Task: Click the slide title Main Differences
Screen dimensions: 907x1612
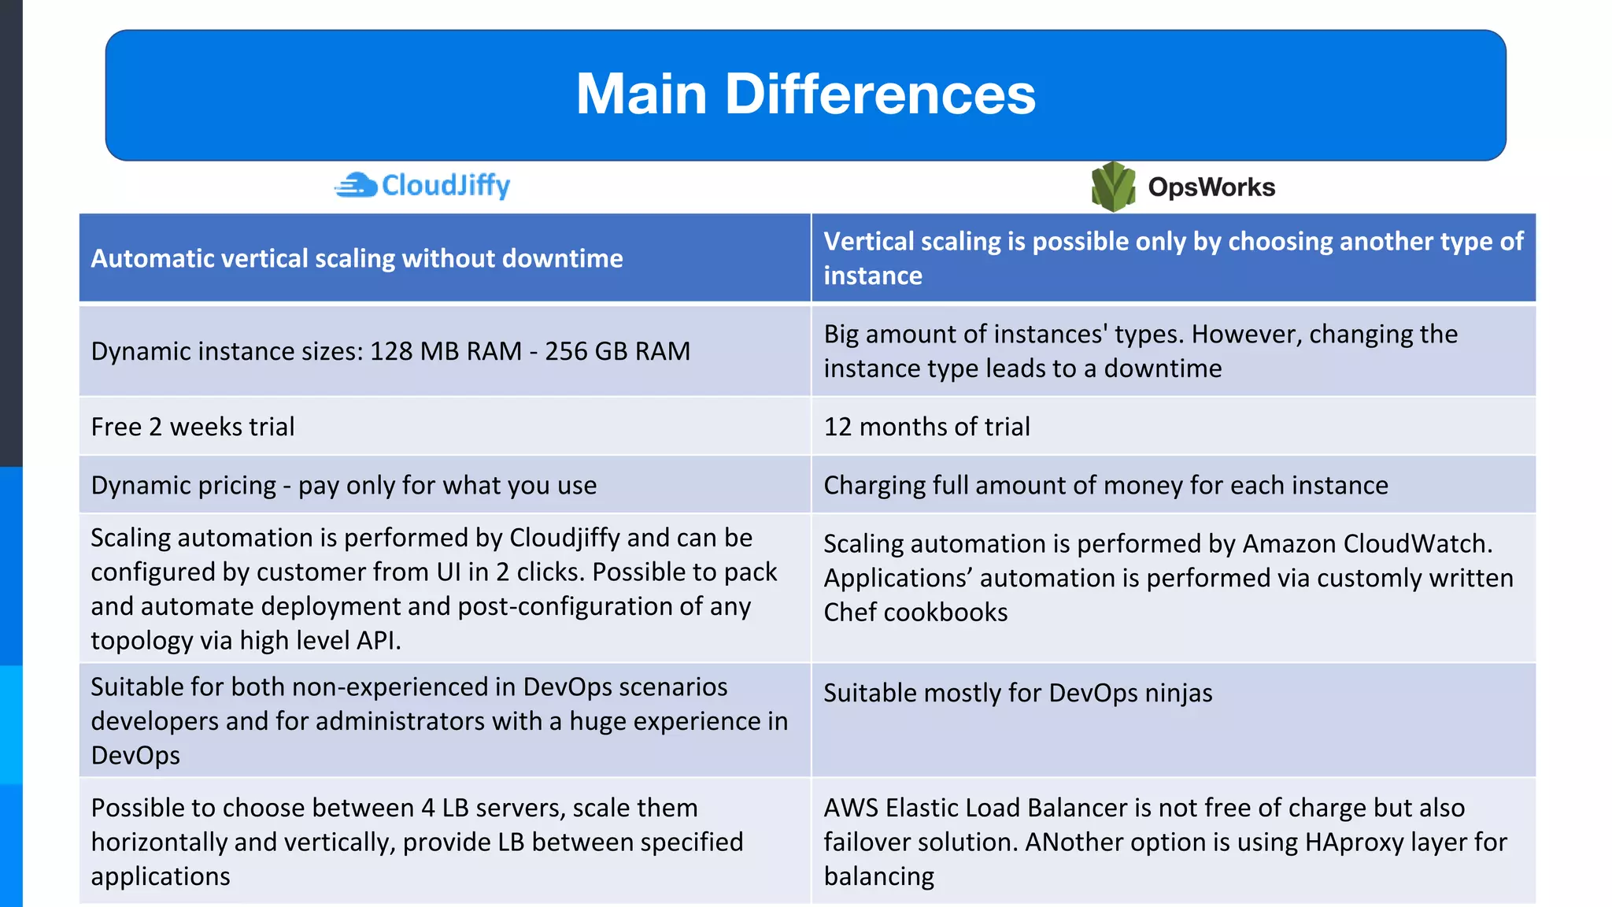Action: click(x=805, y=94)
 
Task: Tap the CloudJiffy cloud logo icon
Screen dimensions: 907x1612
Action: click(x=357, y=185)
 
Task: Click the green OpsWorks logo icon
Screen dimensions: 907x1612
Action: click(x=1113, y=187)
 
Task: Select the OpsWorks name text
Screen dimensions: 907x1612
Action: click(x=1211, y=187)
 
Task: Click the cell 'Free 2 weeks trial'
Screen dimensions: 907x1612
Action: click(x=193, y=427)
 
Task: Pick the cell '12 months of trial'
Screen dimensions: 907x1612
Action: click(x=926, y=427)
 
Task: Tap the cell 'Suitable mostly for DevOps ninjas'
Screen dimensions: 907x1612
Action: click(x=1017, y=693)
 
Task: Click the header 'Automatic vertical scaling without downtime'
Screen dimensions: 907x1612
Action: click(x=357, y=258)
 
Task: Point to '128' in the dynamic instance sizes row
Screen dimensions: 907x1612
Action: click(x=391, y=351)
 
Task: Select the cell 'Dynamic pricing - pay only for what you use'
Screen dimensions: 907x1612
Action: click(x=343, y=485)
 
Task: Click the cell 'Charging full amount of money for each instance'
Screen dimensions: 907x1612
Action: click(x=1105, y=485)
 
